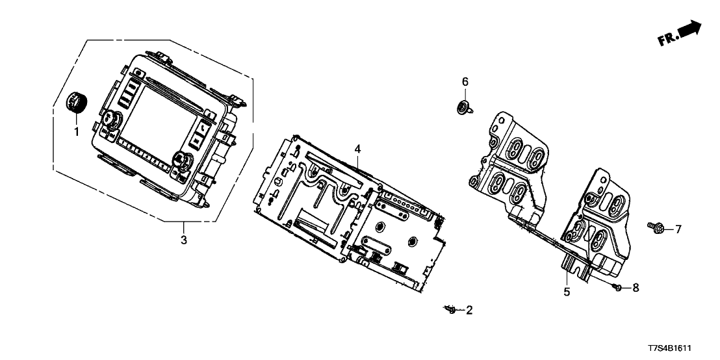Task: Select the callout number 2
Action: click(469, 311)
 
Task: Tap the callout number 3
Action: click(184, 240)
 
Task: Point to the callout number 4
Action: click(357, 149)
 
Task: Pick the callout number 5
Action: click(567, 292)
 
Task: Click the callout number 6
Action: click(465, 81)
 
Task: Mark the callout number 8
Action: click(636, 287)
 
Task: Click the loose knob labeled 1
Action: click(77, 103)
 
